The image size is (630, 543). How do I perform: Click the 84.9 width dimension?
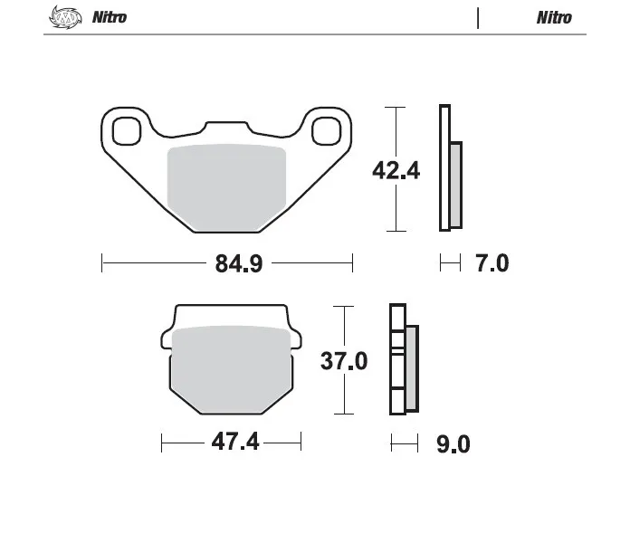tap(239, 263)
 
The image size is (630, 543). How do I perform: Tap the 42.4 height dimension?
tap(396, 170)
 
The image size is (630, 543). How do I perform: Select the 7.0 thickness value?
tap(492, 263)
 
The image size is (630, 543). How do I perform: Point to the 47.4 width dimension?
tap(235, 443)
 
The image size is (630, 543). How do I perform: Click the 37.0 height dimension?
tap(344, 361)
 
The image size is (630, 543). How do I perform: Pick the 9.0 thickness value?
tap(453, 444)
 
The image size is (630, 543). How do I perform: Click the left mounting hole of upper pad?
tap(127, 131)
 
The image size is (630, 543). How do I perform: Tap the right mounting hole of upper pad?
tap(326, 131)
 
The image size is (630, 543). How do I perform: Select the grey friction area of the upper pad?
tap(226, 187)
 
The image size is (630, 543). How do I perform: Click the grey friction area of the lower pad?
tap(232, 369)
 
